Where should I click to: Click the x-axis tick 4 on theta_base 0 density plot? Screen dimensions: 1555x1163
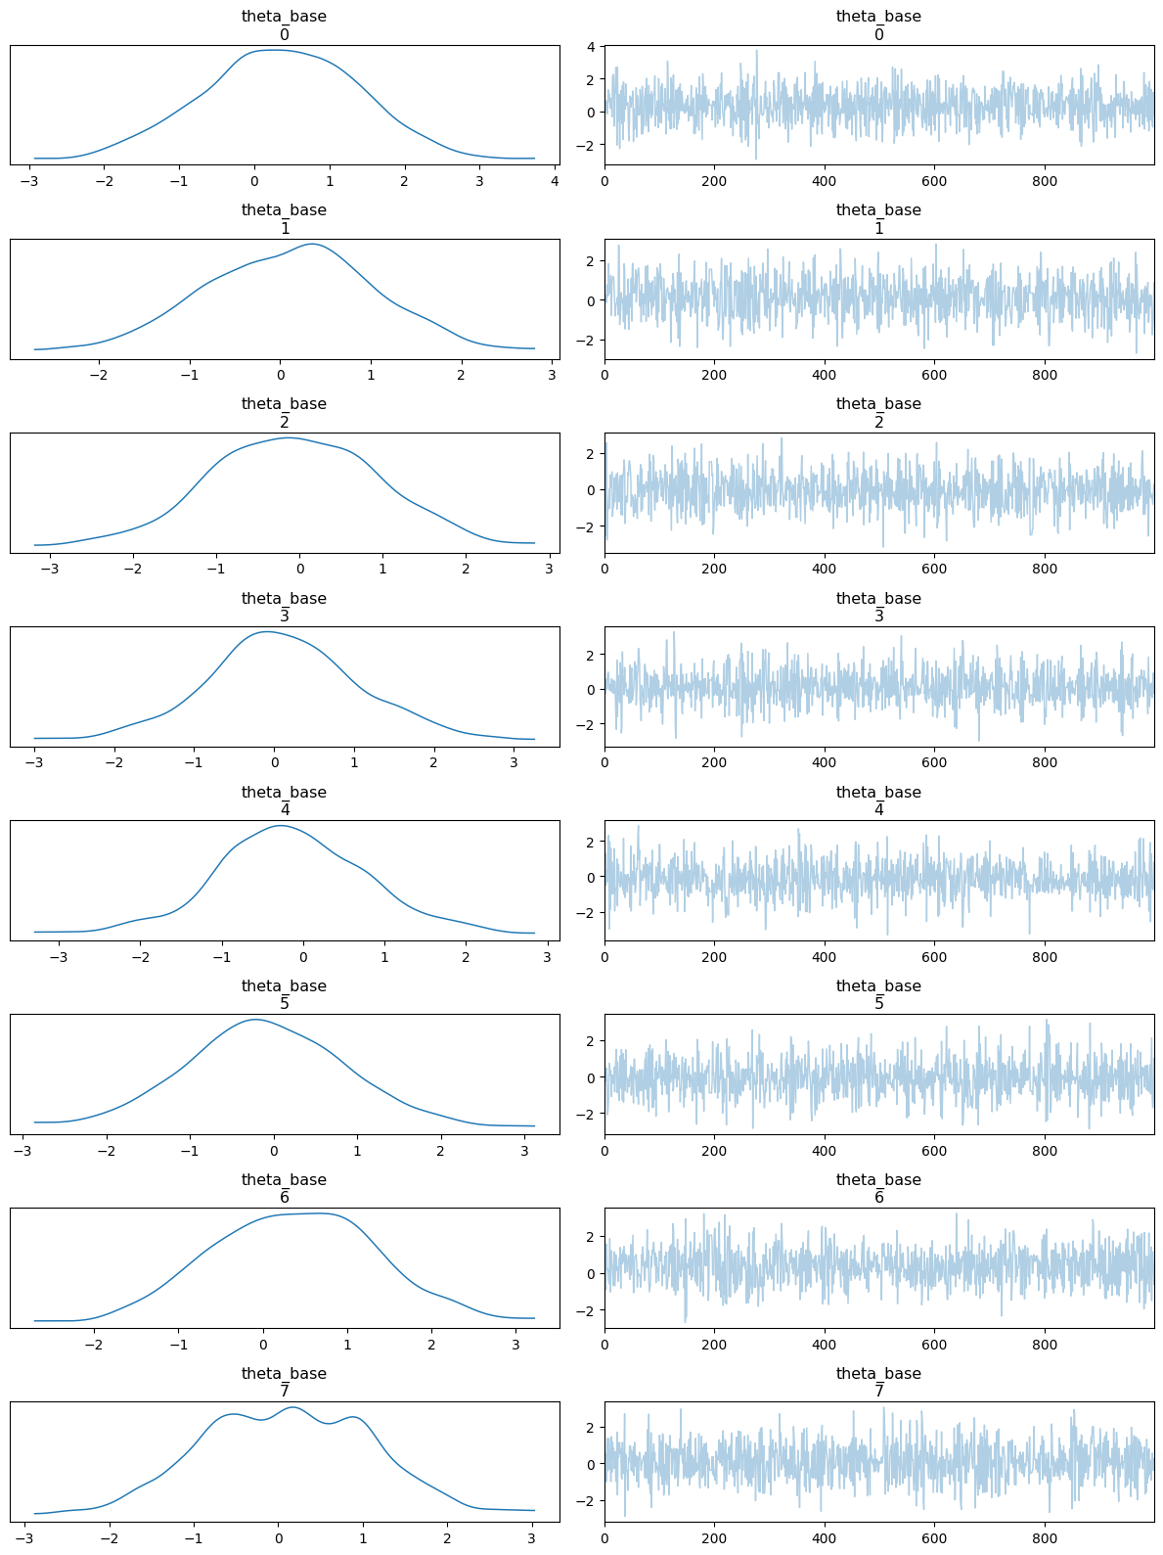pos(555,181)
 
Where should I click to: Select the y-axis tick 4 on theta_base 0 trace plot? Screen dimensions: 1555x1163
pos(591,47)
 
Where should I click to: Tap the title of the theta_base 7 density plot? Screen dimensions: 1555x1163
pos(284,1382)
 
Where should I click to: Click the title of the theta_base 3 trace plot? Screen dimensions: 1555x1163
pos(878,607)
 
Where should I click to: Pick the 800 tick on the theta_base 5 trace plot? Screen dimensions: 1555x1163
pos(1045,1151)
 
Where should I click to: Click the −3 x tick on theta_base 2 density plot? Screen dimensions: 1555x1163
pos(51,569)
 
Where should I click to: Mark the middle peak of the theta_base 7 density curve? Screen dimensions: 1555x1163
pos(294,1407)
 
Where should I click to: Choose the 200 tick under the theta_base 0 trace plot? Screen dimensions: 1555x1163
pos(714,181)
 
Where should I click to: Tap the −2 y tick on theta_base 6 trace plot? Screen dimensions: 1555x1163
pos(591,1309)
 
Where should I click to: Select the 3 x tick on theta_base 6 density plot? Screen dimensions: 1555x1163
pos(515,1345)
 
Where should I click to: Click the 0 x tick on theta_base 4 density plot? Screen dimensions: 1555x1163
pos(303,956)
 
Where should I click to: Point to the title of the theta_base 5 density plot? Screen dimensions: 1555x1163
pos(284,994)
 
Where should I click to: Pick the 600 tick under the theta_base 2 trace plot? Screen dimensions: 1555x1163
pos(934,569)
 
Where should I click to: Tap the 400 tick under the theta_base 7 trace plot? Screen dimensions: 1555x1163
pos(825,1538)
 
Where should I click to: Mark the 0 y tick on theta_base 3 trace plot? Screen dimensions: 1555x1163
pos(591,689)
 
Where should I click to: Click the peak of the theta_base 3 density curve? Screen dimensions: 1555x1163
pos(267,632)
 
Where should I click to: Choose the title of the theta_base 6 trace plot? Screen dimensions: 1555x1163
pos(878,1188)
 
